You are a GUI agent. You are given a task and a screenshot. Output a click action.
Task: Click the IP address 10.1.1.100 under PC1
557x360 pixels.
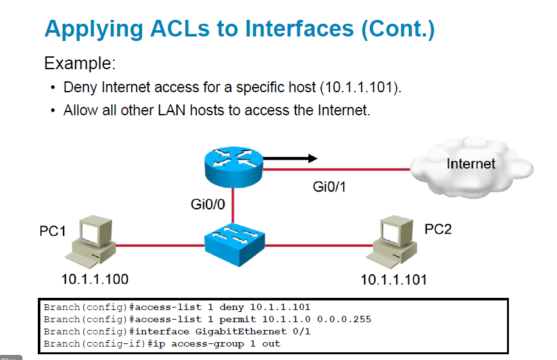coord(94,279)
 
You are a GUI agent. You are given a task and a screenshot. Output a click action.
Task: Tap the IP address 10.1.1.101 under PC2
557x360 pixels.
coord(394,280)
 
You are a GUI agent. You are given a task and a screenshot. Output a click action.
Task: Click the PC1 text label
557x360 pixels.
coord(53,231)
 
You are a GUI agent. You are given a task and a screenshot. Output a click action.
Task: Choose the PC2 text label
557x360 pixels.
coord(438,229)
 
